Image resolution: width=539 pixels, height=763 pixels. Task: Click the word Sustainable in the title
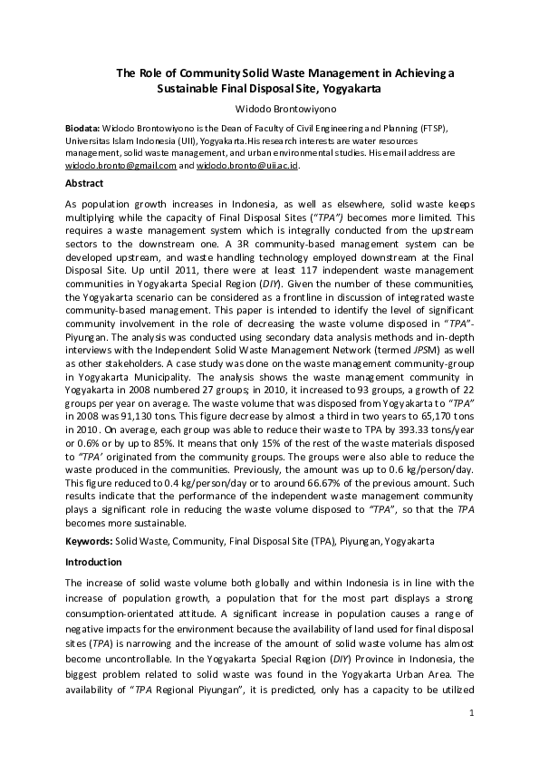(x=188, y=90)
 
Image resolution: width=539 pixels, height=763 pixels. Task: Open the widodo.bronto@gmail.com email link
(x=120, y=167)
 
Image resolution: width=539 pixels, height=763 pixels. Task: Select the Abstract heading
(x=84, y=183)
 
